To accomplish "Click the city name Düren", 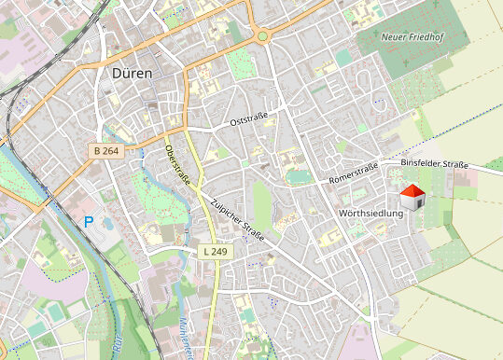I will coord(132,72).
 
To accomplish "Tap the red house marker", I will coord(412,197).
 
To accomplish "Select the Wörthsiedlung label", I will coord(371,214).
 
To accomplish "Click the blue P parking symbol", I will coord(90,222).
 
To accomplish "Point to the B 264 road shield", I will coord(106,150).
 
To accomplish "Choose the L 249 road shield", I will coord(215,251).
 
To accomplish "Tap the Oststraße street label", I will coord(255,120).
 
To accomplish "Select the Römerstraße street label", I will coord(353,173).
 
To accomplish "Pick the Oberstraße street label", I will coord(176,165).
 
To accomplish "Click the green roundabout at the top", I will coord(263,36).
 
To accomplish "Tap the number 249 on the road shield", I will coord(219,251).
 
